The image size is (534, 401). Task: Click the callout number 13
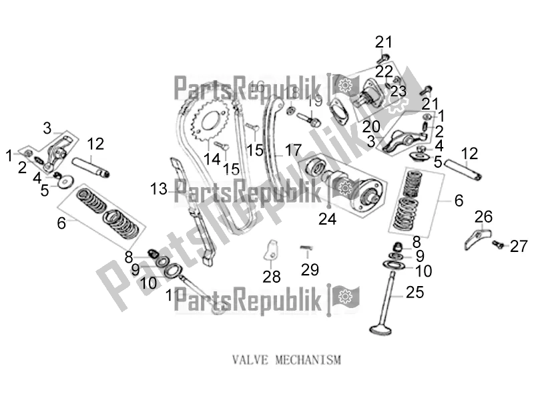pos(158,190)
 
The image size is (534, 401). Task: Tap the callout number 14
pos(212,158)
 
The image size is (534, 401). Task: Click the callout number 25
pos(415,291)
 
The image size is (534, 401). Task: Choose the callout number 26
pos(483,216)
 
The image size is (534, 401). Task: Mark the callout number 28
pos(272,276)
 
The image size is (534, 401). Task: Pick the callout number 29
pos(310,270)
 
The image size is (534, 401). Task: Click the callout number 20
pos(371,126)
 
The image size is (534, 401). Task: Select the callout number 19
pos(316,101)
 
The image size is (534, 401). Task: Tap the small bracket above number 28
pos(270,249)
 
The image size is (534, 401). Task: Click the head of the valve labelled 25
pos(381,328)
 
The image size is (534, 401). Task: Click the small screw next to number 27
pos(497,245)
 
